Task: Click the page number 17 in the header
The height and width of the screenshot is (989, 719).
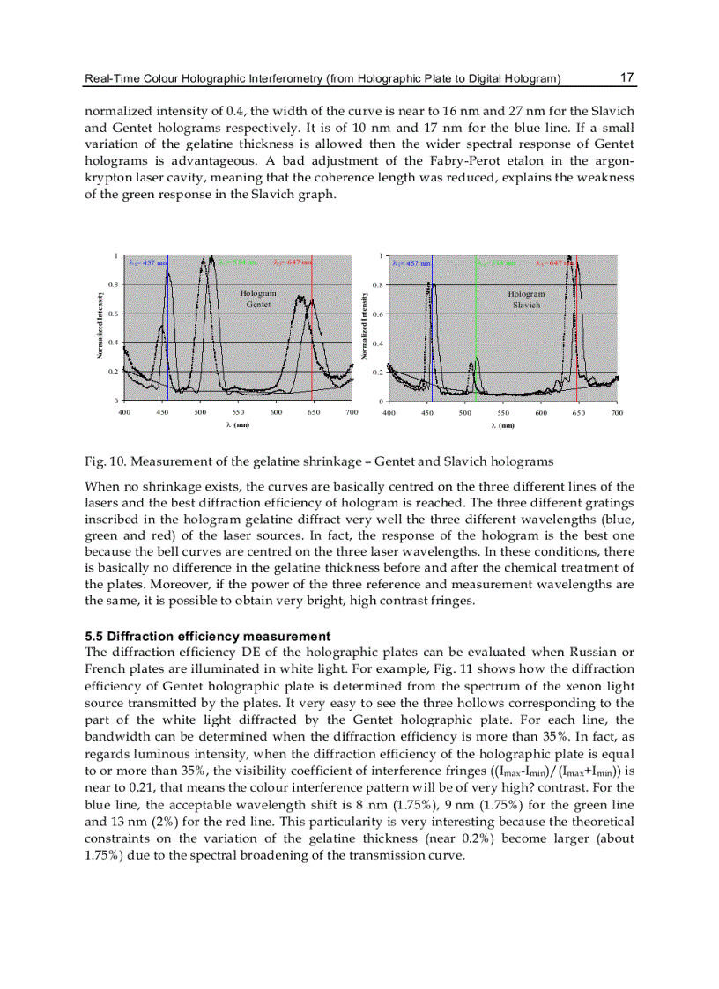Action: point(627,77)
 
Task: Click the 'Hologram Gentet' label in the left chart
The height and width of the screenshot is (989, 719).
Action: point(258,299)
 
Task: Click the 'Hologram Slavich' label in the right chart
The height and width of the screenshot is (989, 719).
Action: point(526,299)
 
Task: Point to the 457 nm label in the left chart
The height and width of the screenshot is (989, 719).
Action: point(143,262)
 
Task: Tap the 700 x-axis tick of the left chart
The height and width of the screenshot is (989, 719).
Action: point(352,412)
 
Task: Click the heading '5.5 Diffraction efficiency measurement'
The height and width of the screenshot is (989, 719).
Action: point(207,636)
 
